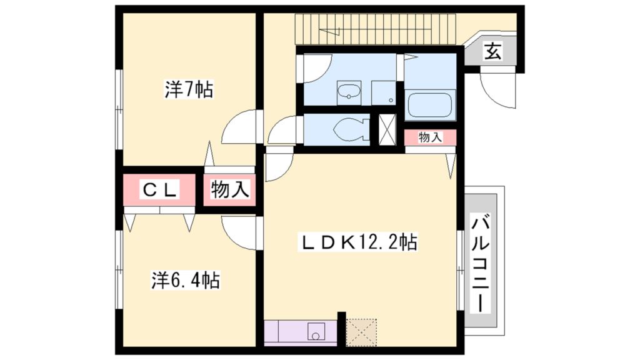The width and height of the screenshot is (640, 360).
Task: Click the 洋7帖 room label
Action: [x=189, y=91]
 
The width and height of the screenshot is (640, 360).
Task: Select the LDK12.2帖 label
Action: [x=360, y=241]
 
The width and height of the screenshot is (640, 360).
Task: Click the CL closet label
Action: [x=159, y=189]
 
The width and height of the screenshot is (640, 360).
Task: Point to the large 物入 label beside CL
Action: [x=230, y=189]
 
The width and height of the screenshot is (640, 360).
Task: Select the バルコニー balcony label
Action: [x=481, y=263]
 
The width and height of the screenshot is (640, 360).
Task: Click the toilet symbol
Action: [x=348, y=130]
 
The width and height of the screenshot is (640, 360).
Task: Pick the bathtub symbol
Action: [x=430, y=105]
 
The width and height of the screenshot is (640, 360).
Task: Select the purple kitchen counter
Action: [x=301, y=332]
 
